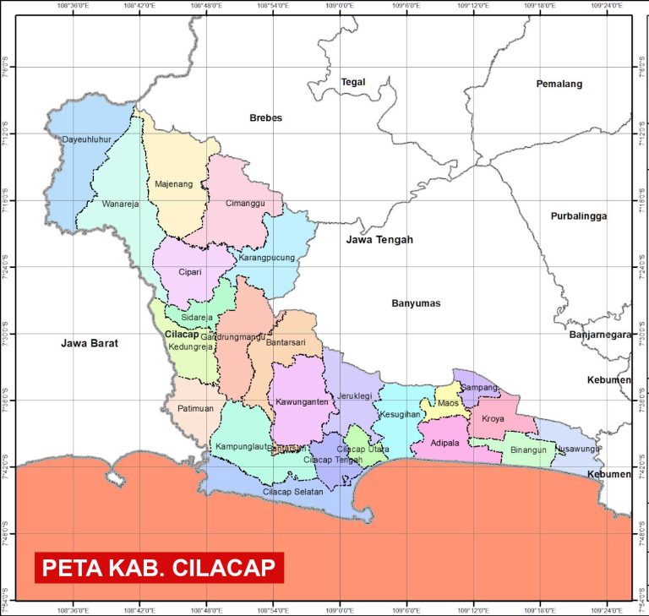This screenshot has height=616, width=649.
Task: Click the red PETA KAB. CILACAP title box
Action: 159,567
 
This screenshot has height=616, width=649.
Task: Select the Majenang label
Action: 174,183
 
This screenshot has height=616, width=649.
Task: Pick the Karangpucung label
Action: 267,258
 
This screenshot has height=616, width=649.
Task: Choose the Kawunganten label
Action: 301,401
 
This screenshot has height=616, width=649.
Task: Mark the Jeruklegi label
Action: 355,395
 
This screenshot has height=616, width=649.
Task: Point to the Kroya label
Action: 493,418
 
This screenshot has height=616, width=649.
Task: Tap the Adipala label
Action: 445,442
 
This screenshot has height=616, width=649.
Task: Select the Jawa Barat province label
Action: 90,344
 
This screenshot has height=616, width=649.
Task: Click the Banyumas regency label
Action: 416,303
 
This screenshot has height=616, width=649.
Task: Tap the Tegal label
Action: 352,82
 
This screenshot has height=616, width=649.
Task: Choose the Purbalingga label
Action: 579,216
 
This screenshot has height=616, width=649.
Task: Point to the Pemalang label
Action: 559,84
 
